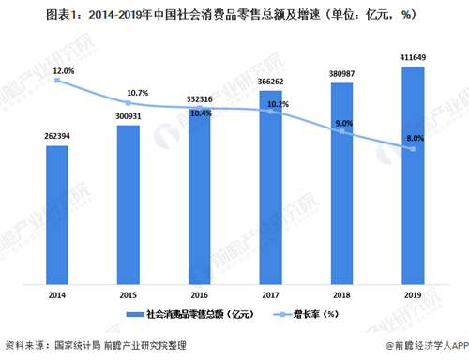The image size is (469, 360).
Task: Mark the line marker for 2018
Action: click(342, 132)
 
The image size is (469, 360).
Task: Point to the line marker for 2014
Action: click(57, 81)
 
